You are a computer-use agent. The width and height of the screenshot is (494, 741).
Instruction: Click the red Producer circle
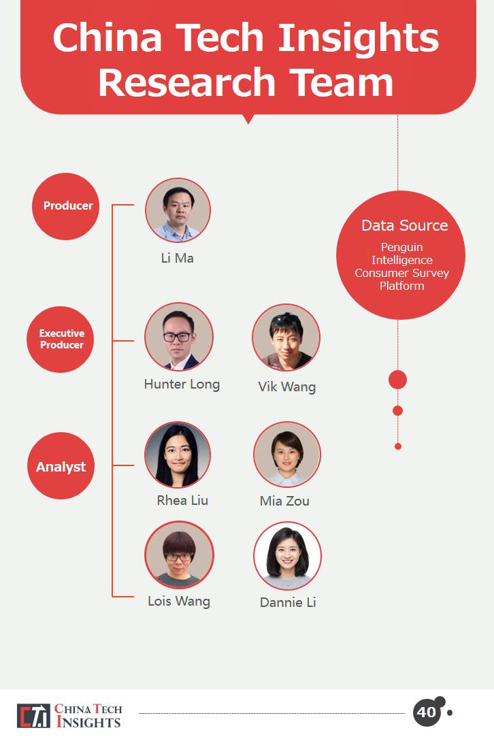pyautogui.click(x=66, y=206)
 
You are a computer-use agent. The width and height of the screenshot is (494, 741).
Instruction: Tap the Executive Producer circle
pyautogui.click(x=61, y=339)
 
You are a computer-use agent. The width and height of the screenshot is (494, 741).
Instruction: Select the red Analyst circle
pyautogui.click(x=61, y=467)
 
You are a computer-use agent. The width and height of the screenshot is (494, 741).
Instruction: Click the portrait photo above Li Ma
pyautogui.click(x=178, y=210)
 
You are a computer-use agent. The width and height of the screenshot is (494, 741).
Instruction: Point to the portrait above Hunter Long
pyautogui.click(x=178, y=337)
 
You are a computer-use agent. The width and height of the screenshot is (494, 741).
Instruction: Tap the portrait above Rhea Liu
pyautogui.click(x=178, y=455)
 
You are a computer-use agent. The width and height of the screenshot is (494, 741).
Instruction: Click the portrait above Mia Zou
pyautogui.click(x=286, y=455)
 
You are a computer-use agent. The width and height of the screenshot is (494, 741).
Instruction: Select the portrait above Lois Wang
pyautogui.click(x=179, y=555)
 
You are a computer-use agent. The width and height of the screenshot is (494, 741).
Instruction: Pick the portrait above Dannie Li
pyautogui.click(x=287, y=556)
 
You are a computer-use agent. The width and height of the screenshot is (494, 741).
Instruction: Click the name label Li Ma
pyautogui.click(x=178, y=258)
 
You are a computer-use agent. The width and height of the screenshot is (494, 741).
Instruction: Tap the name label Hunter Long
pyautogui.click(x=182, y=384)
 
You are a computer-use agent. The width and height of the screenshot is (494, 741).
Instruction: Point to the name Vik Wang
pyautogui.click(x=286, y=387)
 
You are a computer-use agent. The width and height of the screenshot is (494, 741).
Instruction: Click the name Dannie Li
pyautogui.click(x=288, y=602)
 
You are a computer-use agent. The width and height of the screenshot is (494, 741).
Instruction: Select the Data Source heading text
pyautogui.click(x=404, y=225)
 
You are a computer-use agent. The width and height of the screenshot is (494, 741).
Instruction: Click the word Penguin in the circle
pyautogui.click(x=401, y=247)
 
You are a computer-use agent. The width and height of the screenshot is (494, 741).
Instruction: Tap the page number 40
pyautogui.click(x=427, y=712)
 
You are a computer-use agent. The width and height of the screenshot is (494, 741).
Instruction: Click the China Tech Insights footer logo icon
pyautogui.click(x=33, y=716)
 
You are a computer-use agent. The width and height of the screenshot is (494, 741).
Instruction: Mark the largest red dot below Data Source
pyautogui.click(x=397, y=380)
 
